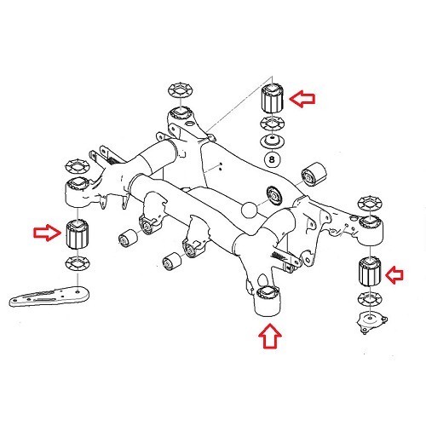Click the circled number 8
pyautogui.click(x=273, y=158)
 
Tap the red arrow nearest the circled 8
pyautogui.click(x=302, y=100)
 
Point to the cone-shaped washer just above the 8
pyautogui.click(x=273, y=142)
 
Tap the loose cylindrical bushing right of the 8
pyautogui.click(x=315, y=173)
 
